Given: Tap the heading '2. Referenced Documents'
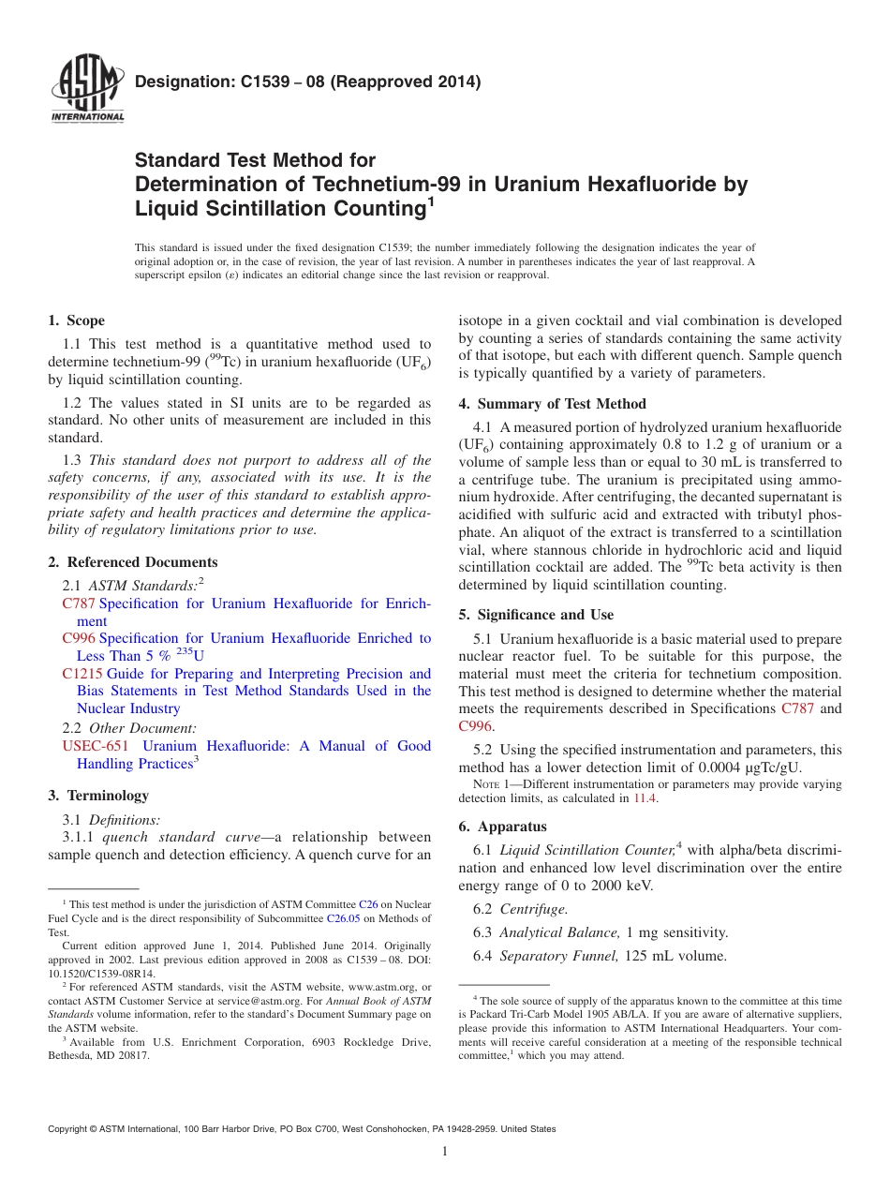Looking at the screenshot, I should pyautogui.click(x=133, y=562).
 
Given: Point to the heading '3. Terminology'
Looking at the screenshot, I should pyautogui.click(x=98, y=796).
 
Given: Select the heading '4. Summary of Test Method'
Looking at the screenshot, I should pyautogui.click(x=552, y=404).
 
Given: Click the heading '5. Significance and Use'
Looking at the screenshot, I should pyautogui.click(x=536, y=615).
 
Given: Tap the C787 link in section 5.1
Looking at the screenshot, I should pyautogui.click(x=798, y=708).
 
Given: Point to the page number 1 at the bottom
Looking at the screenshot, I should pyautogui.click(x=445, y=1152).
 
